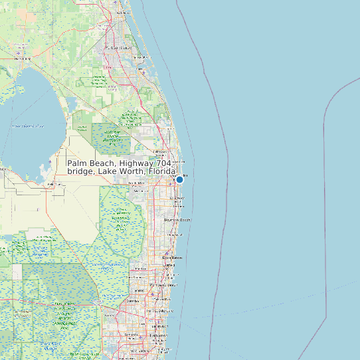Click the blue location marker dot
point(179,179)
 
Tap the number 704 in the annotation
point(163,163)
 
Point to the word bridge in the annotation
point(81,171)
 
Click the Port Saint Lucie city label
point(122,48)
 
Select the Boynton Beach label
point(177,220)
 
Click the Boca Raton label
point(172,258)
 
